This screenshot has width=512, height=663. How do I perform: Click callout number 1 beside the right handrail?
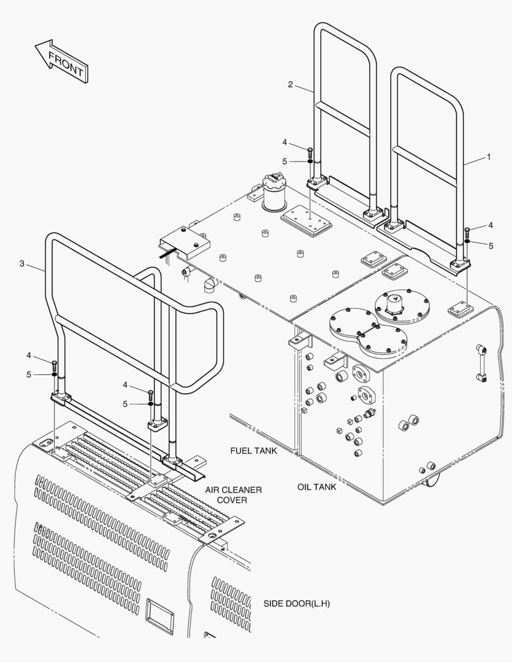[489, 157]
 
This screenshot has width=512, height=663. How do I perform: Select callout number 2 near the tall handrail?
[291, 85]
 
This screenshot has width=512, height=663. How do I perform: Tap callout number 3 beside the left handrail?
[22, 263]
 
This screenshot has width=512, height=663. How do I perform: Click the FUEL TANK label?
[254, 451]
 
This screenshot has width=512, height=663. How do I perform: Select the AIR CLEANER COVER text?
[234, 495]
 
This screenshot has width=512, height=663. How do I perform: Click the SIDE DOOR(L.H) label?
[297, 603]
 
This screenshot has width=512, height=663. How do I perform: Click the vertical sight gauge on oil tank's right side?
[480, 363]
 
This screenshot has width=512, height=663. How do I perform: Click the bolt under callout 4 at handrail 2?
[310, 152]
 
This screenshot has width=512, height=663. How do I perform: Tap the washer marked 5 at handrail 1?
[467, 241]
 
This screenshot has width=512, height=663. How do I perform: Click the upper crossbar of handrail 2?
[343, 119]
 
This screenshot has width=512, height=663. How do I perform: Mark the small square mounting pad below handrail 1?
[459, 308]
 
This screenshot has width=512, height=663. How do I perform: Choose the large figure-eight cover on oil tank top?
[362, 331]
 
